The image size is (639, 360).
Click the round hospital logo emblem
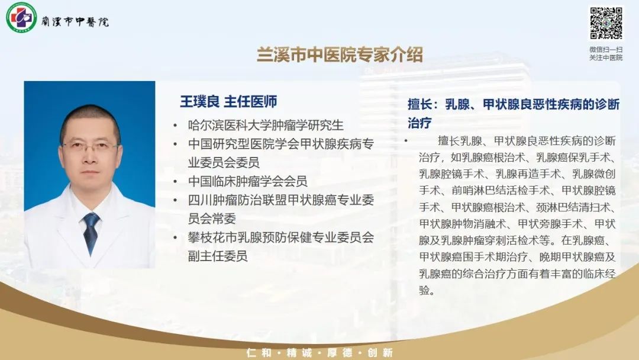tap(21, 18)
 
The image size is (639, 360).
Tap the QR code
tap(606, 23)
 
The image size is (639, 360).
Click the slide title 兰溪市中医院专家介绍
tap(340, 55)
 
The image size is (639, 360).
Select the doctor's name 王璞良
tap(200, 101)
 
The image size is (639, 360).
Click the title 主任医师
tap(251, 101)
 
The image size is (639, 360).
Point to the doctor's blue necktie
tap(91, 232)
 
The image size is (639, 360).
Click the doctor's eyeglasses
tap(91, 146)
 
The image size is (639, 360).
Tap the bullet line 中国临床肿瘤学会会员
tap(248, 181)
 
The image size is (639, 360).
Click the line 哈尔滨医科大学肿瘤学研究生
tap(266, 125)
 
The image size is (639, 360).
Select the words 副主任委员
tap(218, 256)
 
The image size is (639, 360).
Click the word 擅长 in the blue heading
tap(419, 104)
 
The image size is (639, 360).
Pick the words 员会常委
tap(212, 218)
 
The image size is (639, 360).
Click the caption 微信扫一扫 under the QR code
tap(606, 49)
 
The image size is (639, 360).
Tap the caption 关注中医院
tap(606, 57)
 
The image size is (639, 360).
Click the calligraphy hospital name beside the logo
tap(75, 21)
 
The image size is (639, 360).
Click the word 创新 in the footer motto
tap(380, 353)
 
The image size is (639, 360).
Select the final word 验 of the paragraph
tap(424, 290)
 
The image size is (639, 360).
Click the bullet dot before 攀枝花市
tap(175, 237)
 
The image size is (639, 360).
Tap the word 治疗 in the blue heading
tap(419, 123)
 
